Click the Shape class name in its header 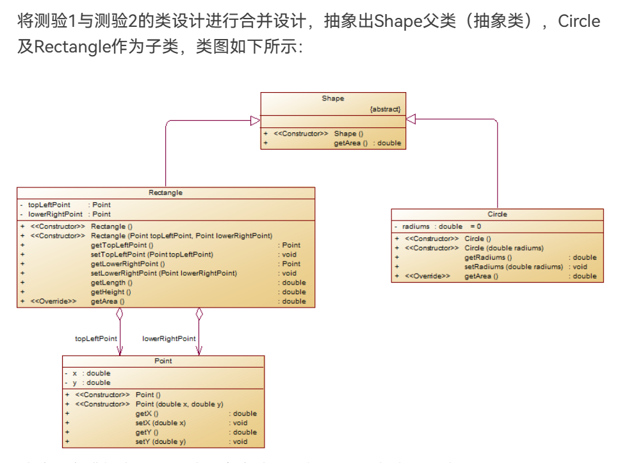(332, 98)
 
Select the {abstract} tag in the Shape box (385, 109)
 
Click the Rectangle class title (165, 192)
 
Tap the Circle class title (497, 214)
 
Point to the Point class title (163, 361)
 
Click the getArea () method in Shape (350, 143)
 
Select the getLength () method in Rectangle (111, 283)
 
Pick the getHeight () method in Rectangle (111, 292)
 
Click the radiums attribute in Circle (416, 226)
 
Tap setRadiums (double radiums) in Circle (514, 267)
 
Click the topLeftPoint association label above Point (96, 338)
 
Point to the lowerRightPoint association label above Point (169, 338)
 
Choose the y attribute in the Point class (74, 382)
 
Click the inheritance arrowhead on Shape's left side (255, 120)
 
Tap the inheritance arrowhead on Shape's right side (411, 119)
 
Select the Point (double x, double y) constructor (179, 404)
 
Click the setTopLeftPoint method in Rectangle (152, 255)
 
